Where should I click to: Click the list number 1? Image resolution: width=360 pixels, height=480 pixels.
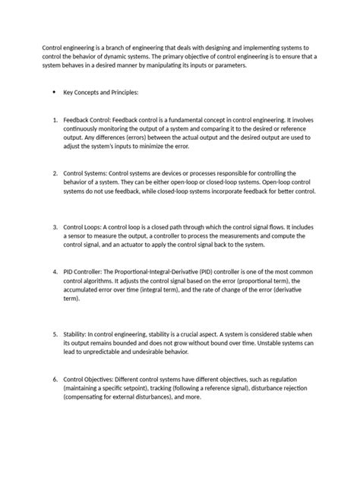[x=55, y=120]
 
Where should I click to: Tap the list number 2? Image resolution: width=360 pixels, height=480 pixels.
[x=55, y=173]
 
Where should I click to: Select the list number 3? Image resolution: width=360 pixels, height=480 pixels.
[x=55, y=227]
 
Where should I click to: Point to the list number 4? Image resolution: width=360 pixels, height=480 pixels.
[x=55, y=271]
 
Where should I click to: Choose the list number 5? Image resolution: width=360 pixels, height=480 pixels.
[x=55, y=334]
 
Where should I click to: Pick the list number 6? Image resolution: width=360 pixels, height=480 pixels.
[x=55, y=378]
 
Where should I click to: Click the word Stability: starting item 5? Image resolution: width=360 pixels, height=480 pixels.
[x=81, y=334]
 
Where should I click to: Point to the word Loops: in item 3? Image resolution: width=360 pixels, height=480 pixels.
[x=99, y=227]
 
